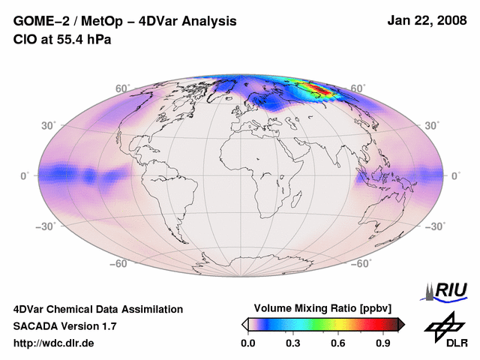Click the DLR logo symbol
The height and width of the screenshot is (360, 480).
[x=445, y=325]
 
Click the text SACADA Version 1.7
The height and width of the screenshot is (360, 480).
[x=64, y=326]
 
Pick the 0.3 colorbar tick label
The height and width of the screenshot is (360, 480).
[x=293, y=343]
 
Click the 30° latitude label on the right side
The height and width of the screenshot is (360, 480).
[x=433, y=125]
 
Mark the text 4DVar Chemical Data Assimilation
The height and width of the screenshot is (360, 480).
[x=97, y=309]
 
